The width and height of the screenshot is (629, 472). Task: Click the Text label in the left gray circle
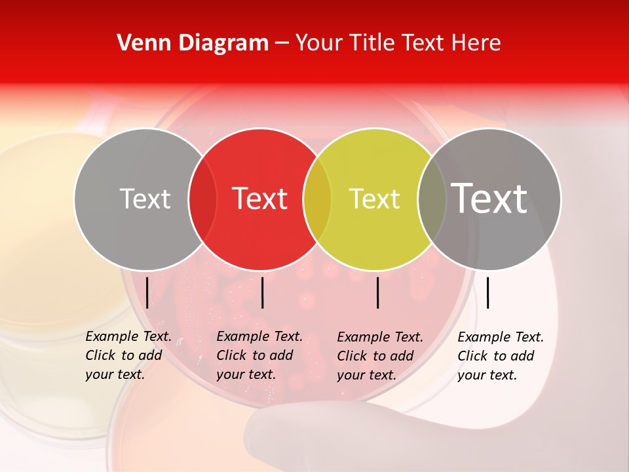(145, 199)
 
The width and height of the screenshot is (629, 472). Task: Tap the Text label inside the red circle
(260, 199)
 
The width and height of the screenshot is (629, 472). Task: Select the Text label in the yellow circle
(375, 199)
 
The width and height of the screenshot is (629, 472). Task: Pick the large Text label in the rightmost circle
(489, 199)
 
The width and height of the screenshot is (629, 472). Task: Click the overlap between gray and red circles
(202, 199)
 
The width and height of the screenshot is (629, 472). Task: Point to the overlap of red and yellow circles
(317, 199)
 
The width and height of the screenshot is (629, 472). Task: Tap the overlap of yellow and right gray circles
(432, 199)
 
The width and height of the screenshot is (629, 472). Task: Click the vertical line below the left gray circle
(147, 292)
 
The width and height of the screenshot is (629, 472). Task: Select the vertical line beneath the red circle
(262, 292)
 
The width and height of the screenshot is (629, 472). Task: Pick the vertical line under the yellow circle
(378, 292)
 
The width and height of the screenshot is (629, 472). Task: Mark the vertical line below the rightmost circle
(487, 292)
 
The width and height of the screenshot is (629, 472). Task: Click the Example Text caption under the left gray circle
(128, 355)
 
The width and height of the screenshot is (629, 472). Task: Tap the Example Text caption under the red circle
(259, 355)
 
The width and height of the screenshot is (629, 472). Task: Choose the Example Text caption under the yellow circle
(380, 356)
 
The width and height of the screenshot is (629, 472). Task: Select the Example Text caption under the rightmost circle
(501, 356)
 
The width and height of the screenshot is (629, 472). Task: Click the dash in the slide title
(282, 44)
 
